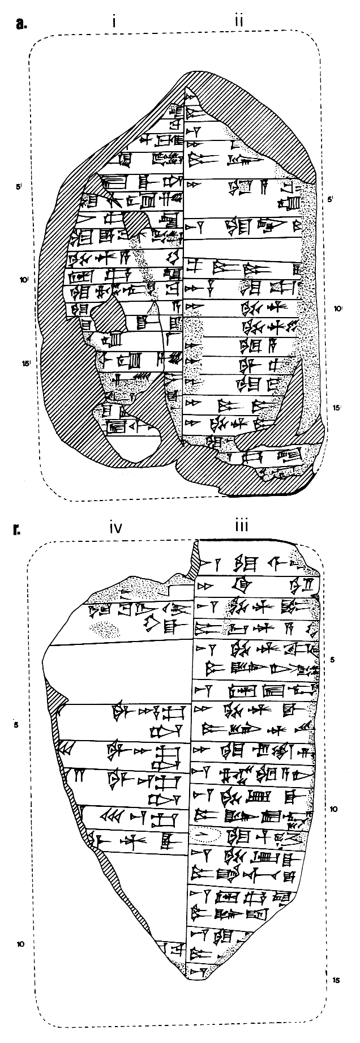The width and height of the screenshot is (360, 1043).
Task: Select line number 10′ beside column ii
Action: coord(338,309)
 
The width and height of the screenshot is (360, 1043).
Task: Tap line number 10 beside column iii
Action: coord(333,809)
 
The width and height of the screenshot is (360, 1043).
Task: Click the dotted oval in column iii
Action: coord(205,834)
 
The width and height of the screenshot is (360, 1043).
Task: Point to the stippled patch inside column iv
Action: coord(105,627)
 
